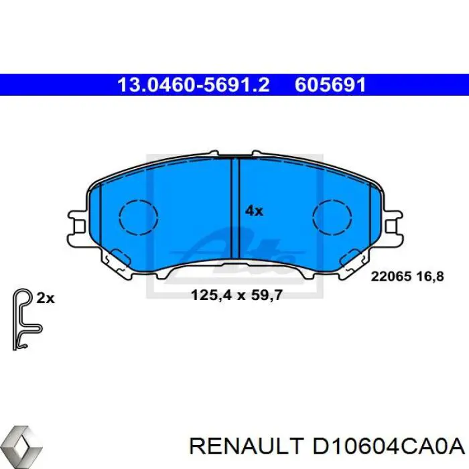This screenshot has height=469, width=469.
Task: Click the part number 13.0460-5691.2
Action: [193, 84]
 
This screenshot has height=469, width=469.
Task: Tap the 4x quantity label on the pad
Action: [254, 210]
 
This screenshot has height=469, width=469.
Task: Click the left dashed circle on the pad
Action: [138, 216]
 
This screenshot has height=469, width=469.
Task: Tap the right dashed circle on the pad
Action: [333, 216]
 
